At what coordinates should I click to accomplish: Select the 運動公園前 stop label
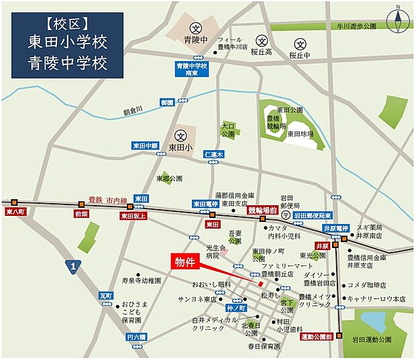point(317,336)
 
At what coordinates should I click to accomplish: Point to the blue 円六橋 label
point(136,337)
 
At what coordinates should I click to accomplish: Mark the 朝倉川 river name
point(134,112)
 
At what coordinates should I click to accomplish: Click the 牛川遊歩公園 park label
point(352,26)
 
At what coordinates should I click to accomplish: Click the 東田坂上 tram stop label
point(132,216)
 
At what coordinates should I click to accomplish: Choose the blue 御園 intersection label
point(167,103)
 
